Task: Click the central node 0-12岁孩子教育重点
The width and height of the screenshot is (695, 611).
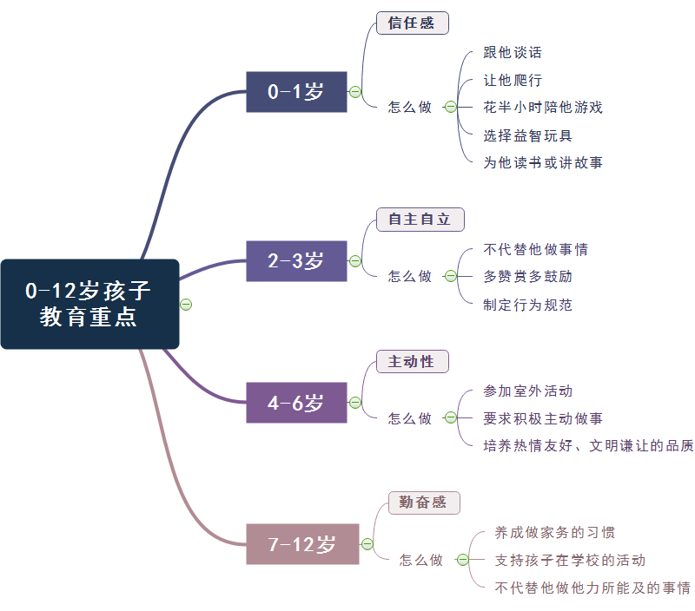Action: coord(89,304)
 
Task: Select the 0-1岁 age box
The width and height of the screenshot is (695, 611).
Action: coord(296,92)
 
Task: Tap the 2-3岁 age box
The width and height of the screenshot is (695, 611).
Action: coord(296,260)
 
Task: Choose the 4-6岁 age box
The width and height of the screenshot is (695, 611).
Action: coord(296,403)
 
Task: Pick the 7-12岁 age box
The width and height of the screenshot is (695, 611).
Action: coord(302,544)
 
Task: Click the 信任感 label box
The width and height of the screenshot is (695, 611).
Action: coord(412,23)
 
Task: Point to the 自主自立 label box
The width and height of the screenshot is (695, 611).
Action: coord(420,220)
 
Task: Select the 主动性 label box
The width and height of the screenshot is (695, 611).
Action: coord(412,362)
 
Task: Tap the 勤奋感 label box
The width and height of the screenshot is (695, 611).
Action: coord(423,503)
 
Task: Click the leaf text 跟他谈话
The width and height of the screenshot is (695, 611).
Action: coord(513,53)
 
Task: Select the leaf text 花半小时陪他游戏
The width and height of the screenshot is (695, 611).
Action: coord(543,108)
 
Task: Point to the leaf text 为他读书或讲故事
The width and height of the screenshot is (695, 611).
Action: coord(543,162)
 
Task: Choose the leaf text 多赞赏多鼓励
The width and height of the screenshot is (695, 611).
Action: coord(527,277)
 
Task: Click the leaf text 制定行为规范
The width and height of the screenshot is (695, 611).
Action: coord(527,305)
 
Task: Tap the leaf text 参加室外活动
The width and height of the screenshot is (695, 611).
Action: coord(527,391)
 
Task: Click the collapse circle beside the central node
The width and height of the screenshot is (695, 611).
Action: coord(185,304)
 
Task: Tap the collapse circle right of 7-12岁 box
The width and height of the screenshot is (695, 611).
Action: coord(367,544)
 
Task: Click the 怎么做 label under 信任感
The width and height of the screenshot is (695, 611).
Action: coord(410,108)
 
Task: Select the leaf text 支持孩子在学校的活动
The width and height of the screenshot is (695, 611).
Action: coord(570,561)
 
